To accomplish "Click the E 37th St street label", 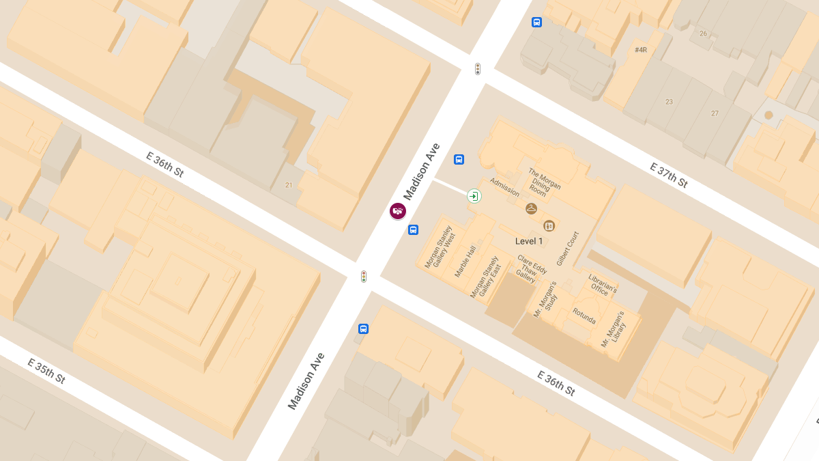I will [x=668, y=176].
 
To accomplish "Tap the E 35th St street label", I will [x=46, y=370].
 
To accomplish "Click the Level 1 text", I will [x=529, y=241].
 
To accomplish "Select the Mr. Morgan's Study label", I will [x=545, y=298].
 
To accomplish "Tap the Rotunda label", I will [x=584, y=317].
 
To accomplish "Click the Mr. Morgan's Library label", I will [x=612, y=331].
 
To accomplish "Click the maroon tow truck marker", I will [x=398, y=211].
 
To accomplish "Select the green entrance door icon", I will [x=474, y=197].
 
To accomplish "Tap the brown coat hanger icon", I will [x=531, y=208].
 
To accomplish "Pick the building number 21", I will [x=289, y=185].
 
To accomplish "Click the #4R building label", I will [x=640, y=50].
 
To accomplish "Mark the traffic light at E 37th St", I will [x=478, y=69].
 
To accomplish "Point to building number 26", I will [x=703, y=33].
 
